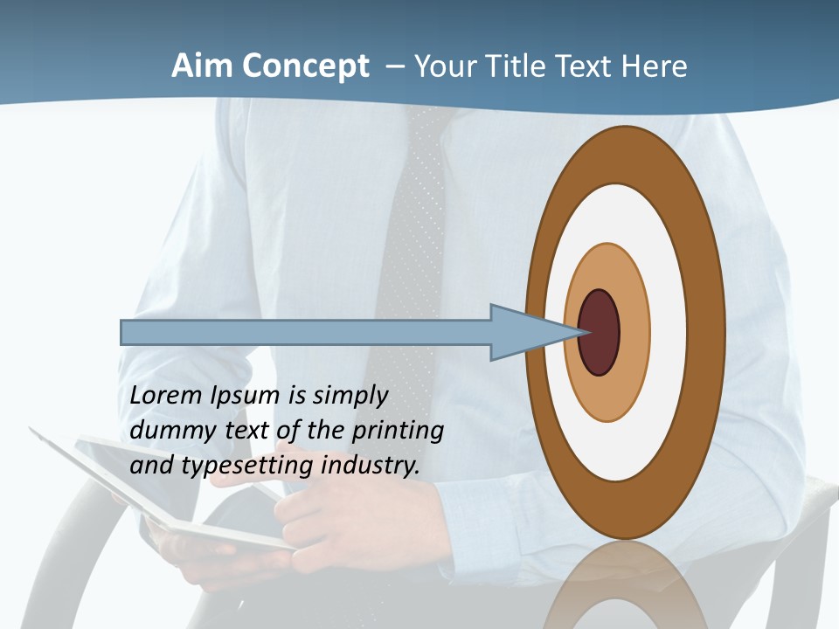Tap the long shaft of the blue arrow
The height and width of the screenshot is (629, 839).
tap(306, 333)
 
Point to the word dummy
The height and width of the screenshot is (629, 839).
tap(167, 431)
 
